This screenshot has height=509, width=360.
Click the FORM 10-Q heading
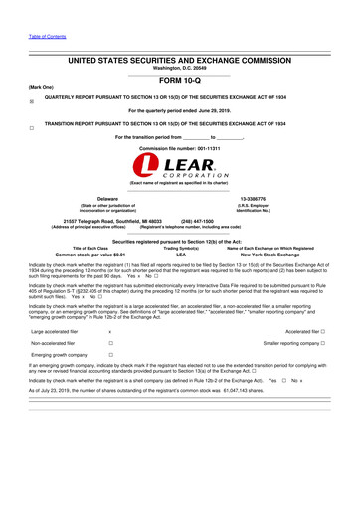(180, 79)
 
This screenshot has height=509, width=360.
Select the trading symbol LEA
(180, 254)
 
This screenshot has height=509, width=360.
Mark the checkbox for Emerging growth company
(108, 355)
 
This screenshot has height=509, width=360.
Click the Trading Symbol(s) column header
(180, 248)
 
